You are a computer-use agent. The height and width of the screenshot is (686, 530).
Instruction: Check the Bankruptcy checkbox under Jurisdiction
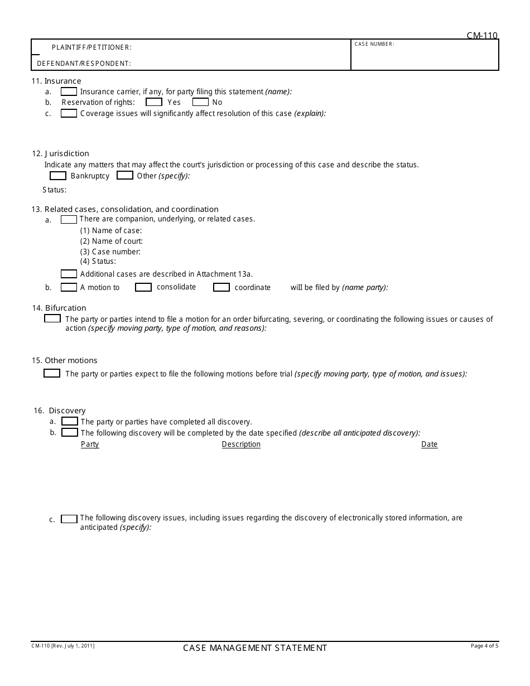tap(58, 176)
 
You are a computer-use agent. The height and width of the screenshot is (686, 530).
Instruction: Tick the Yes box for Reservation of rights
tap(154, 102)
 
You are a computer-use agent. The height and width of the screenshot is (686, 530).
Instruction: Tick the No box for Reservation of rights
tap(200, 102)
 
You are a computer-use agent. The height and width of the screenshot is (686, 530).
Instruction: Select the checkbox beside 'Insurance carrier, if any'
tap(69, 91)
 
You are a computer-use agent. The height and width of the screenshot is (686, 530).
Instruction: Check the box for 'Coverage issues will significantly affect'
tap(69, 113)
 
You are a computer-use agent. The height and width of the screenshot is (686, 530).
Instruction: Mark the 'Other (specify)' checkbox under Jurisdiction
tap(125, 176)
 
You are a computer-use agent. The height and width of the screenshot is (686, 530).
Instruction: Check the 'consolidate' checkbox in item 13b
tap(143, 287)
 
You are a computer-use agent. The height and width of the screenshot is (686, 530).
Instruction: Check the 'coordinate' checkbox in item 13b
tap(221, 287)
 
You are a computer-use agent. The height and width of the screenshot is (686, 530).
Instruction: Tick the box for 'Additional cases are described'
tap(69, 274)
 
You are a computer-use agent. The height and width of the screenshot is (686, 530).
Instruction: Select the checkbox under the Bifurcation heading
tap(52, 319)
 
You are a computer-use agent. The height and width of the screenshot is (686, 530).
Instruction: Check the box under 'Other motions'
tap(52, 374)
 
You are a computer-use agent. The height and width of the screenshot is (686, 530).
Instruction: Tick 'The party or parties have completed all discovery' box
tap(70, 422)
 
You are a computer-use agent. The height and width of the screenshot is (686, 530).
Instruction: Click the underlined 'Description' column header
tap(241, 445)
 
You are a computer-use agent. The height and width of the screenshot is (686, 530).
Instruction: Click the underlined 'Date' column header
tap(429, 445)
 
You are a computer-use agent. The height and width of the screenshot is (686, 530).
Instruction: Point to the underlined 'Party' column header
tap(90, 445)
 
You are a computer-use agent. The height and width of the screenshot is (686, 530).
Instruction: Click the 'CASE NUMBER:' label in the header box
tap(374, 44)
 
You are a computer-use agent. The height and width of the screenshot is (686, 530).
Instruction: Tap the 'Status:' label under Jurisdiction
tap(55, 190)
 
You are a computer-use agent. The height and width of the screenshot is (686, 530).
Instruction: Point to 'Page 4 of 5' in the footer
tap(484, 646)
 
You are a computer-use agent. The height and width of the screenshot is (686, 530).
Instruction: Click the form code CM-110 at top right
tap(482, 36)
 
